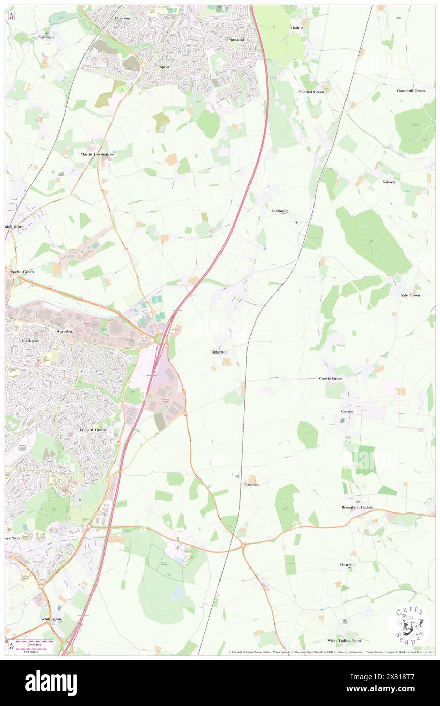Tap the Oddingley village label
pyautogui.click(x=279, y=210)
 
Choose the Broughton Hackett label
pyautogui.click(x=358, y=507)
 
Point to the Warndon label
pyautogui.click(x=65, y=331)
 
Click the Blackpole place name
pyautogui.click(x=30, y=340)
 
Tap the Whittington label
pyautogui.click(x=51, y=619)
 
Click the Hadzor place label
pyautogui.click(x=297, y=28)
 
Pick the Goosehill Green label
pyautogui.click(x=411, y=91)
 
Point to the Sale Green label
pyautogui.click(x=410, y=295)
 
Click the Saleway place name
pyautogui.click(x=389, y=181)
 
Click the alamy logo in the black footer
pyautogui.click(x=51, y=683)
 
